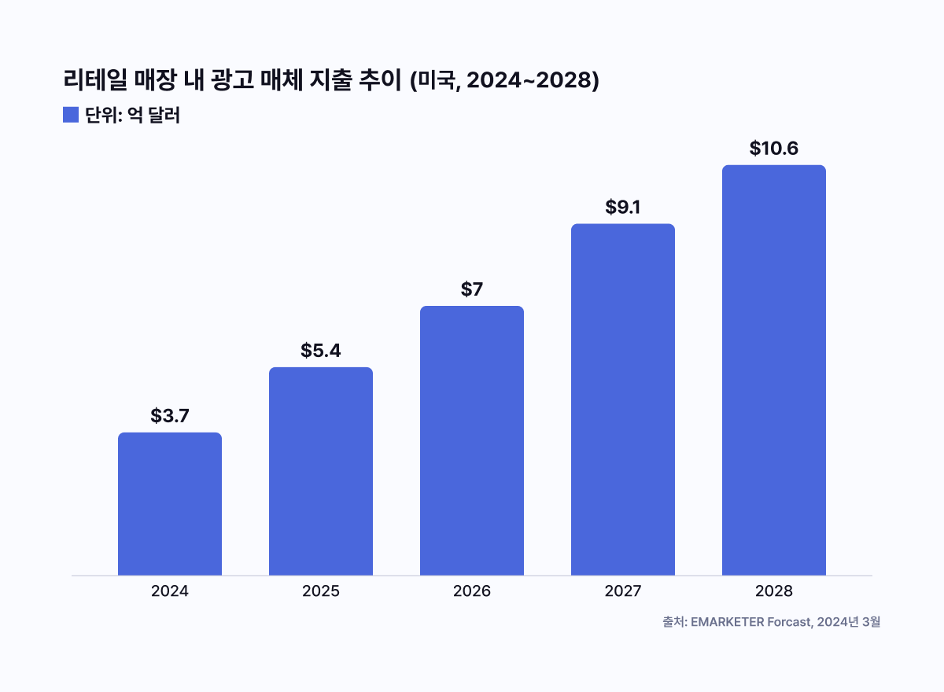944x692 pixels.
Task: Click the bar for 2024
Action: coord(170,504)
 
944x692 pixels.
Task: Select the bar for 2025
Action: coord(321,471)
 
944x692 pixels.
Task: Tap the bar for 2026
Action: coord(472,440)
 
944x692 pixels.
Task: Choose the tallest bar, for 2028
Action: coord(774,370)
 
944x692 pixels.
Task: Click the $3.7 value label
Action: coord(170,416)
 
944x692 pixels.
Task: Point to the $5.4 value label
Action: coord(321,351)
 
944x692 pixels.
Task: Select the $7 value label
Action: coord(472,289)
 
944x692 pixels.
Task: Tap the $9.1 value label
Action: coord(623,208)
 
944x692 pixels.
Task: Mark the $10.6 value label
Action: coord(774,149)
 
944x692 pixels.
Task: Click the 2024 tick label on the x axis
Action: coord(170,591)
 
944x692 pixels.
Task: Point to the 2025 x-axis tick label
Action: coord(321,591)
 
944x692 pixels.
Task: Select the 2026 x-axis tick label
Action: coord(472,591)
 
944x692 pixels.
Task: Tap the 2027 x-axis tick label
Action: coord(623,591)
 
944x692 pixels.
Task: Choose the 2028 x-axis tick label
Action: coord(774,591)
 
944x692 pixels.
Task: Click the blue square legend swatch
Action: coord(71,115)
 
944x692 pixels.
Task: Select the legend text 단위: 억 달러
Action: coord(133,116)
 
